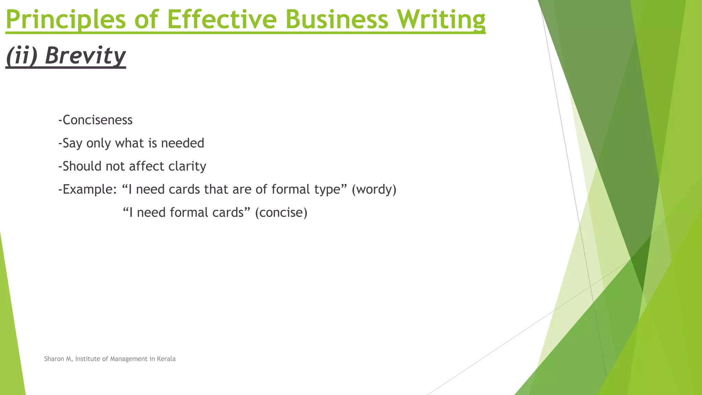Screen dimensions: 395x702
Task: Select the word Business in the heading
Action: (x=337, y=20)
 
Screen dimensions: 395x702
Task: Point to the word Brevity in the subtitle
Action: (x=85, y=56)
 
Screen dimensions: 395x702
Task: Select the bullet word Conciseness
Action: (x=97, y=120)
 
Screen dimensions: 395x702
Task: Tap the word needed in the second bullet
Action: (x=182, y=143)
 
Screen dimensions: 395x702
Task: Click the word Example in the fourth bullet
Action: (x=87, y=189)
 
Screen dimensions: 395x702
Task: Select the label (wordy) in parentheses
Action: (x=374, y=189)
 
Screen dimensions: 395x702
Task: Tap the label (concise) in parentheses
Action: (x=281, y=213)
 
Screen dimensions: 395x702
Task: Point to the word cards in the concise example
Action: (x=228, y=213)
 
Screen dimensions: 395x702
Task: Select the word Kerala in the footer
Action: (x=166, y=359)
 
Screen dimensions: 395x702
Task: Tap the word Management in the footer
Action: (x=129, y=359)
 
